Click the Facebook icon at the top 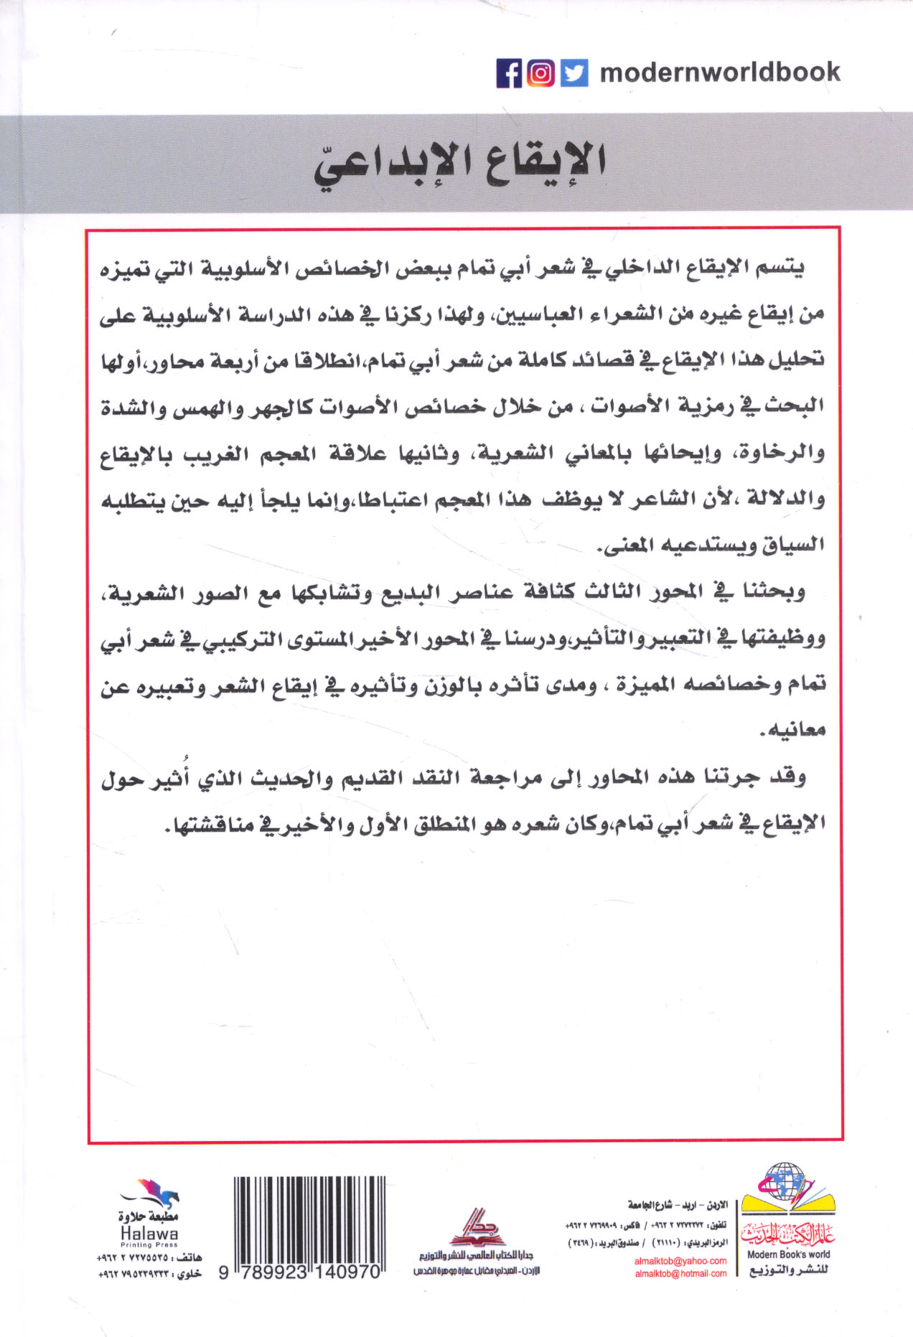[x=509, y=73]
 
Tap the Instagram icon [x=541, y=73]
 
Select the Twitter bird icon [x=573, y=73]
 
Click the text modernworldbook [x=719, y=72]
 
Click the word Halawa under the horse [x=149, y=1234]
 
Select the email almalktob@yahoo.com [x=680, y=1260]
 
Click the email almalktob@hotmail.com [x=680, y=1273]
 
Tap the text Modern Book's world [x=788, y=1254]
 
